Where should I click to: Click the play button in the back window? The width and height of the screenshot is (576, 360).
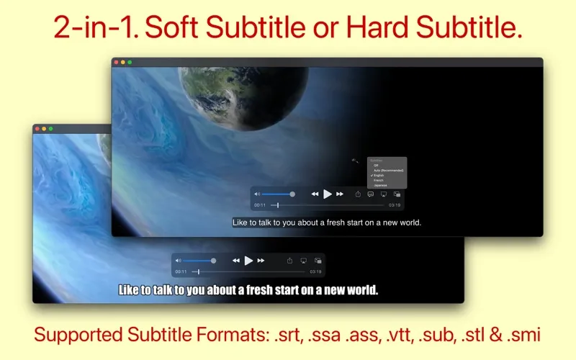pyautogui.click(x=328, y=194)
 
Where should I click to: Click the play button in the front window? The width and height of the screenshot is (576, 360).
pyautogui.click(x=248, y=260)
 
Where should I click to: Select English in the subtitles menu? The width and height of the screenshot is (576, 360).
pyautogui.click(x=379, y=175)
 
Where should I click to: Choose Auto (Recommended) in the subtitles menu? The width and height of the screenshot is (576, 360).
pyautogui.click(x=388, y=170)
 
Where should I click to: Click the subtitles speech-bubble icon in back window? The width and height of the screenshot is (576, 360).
pyautogui.click(x=370, y=194)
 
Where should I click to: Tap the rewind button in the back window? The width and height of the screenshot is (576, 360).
pyautogui.click(x=315, y=194)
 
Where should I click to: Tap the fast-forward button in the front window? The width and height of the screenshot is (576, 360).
pyautogui.click(x=261, y=260)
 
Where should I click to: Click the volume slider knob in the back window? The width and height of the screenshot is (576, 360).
pyautogui.click(x=292, y=194)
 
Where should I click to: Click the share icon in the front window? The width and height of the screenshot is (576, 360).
pyautogui.click(x=289, y=260)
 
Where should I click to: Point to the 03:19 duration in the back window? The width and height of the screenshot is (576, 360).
pyautogui.click(x=395, y=205)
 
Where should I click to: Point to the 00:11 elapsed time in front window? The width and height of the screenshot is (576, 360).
pyautogui.click(x=181, y=271)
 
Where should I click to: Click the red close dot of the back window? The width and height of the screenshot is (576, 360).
pyautogui.click(x=116, y=63)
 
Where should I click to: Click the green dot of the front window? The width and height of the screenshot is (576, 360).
pyautogui.click(x=50, y=128)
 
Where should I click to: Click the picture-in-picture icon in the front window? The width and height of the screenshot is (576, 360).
pyautogui.click(x=318, y=260)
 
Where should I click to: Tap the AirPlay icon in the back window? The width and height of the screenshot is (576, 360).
pyautogui.click(x=383, y=194)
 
